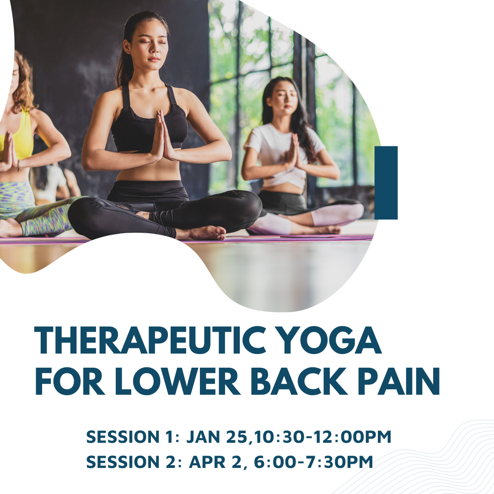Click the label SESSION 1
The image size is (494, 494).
pos(132,437)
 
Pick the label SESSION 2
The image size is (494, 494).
pos(132,462)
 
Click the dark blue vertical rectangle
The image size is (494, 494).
pos(386,183)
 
